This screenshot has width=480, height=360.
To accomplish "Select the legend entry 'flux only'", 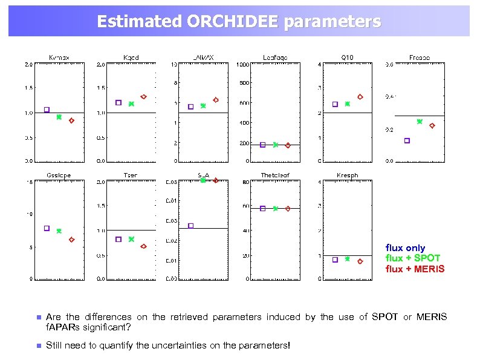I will click(x=405, y=248).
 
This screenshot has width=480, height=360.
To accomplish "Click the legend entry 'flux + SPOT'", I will click(x=413, y=258).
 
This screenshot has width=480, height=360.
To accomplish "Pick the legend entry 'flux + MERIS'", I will click(x=415, y=269).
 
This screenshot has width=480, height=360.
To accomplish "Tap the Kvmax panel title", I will click(x=59, y=57).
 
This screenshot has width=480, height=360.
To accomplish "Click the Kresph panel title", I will click(x=347, y=175).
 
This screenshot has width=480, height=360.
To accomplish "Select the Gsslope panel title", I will click(x=59, y=175).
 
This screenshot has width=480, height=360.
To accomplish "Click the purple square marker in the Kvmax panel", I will click(x=47, y=110).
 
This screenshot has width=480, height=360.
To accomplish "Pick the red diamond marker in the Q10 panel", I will click(x=360, y=97).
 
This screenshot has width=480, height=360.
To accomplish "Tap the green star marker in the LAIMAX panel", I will click(x=203, y=106).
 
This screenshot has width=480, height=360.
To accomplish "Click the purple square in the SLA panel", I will click(x=191, y=226).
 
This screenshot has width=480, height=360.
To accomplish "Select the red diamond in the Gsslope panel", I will click(x=71, y=240).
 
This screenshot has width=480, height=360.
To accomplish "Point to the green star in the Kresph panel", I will click(x=347, y=259).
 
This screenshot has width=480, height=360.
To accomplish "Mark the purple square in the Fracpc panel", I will click(x=407, y=140).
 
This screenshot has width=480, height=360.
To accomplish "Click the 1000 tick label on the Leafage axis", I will click(x=243, y=64).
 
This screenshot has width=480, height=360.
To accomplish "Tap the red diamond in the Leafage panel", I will click(x=288, y=145).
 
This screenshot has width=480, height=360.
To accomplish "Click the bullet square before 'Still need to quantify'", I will click(x=37, y=345).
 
